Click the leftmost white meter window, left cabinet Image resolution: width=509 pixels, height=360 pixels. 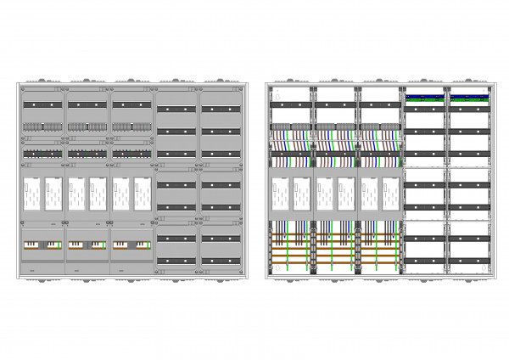point(31,194)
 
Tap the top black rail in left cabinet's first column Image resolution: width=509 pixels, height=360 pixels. point(42,104)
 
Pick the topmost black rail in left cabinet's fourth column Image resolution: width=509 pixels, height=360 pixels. point(176,110)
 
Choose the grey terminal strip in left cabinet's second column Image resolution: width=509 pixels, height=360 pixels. point(87,127)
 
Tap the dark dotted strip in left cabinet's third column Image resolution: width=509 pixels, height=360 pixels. point(131,155)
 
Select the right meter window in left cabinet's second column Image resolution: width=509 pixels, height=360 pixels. point(98,194)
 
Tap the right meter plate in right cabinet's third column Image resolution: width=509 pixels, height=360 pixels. point(391,194)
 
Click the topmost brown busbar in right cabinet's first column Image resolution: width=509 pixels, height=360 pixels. point(292,233)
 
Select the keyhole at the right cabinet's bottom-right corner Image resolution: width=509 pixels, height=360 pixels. point(485,270)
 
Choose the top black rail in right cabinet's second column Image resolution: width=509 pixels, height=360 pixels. point(337,104)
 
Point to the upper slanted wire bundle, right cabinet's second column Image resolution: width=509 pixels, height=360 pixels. point(337,137)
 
